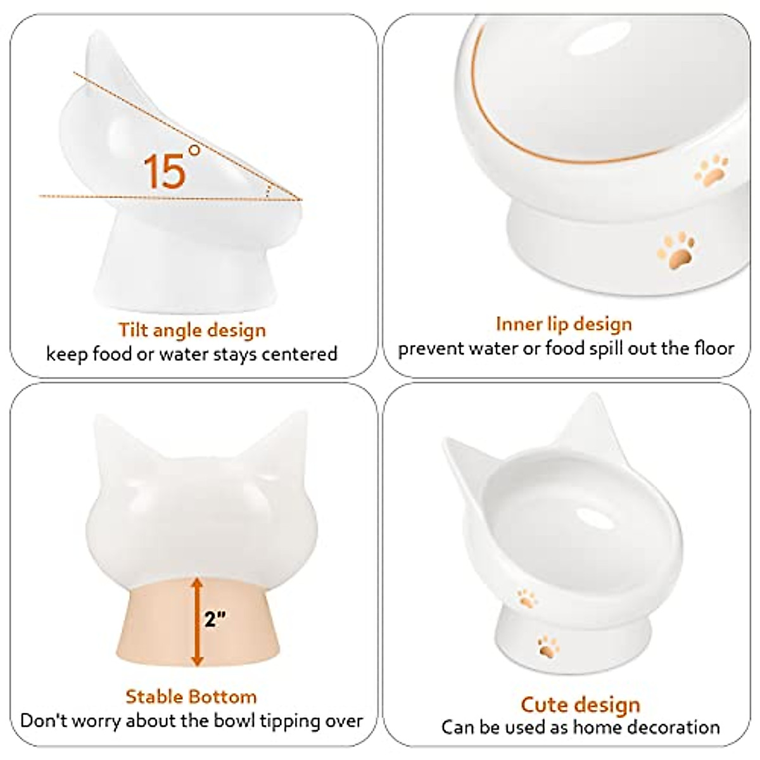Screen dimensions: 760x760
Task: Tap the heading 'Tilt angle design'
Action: (192, 330)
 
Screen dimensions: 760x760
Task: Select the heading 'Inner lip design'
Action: (564, 324)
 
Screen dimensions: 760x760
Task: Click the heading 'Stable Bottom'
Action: (191, 697)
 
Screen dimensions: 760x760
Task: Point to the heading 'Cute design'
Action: (580, 704)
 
